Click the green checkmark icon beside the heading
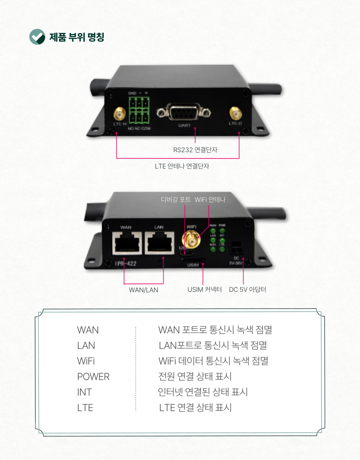37,37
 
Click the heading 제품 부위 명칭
77,37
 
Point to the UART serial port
183,113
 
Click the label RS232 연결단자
195,149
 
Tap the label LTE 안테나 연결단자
182,166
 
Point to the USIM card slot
193,259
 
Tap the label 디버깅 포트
176,199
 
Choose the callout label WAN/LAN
144,289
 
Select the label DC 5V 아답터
247,289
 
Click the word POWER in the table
93,377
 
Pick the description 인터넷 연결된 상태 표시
203,392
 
